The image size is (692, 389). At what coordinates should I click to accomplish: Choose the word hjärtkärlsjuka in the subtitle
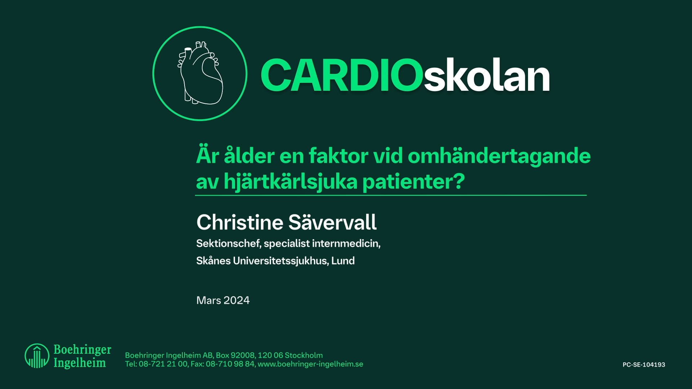coord(290,182)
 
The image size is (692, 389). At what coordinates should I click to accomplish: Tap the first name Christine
coord(240,222)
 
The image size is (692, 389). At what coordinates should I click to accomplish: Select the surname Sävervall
coord(332,222)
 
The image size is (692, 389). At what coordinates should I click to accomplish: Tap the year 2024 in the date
coord(236,300)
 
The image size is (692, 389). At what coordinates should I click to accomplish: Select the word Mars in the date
coord(208,300)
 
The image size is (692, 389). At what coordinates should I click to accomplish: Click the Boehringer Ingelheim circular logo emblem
coord(37,356)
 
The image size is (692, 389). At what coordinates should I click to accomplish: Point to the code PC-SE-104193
coord(644,365)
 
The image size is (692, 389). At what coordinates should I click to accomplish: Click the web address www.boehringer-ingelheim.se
coord(310,364)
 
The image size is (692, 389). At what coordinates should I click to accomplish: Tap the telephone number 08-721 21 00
coord(163,364)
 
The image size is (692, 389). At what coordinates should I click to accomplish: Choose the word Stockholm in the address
coord(303,355)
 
